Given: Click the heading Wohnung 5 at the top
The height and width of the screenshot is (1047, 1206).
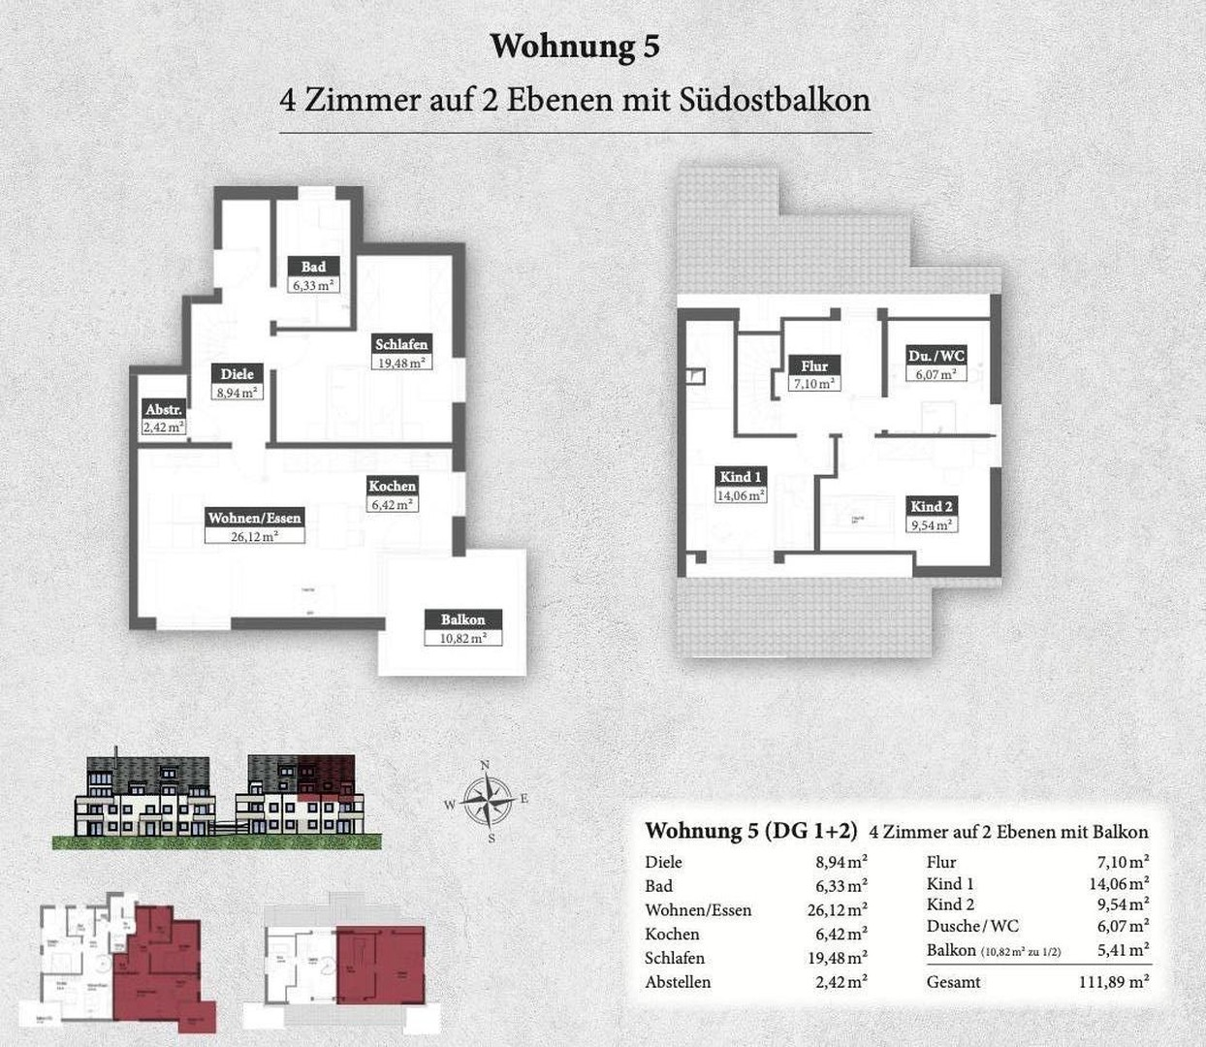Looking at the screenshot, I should point(575,47).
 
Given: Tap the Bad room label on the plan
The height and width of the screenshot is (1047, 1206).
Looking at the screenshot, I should point(313,267).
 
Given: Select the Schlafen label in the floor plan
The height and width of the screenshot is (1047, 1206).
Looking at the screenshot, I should point(401,344).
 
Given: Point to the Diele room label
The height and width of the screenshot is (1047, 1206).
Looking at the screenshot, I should point(237,374).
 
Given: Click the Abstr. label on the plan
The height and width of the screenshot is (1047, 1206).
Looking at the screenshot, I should point(163,409).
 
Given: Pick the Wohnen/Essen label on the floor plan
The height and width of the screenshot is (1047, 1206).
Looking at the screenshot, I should point(254,518).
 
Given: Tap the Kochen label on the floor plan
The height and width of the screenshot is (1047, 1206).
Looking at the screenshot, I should point(392,486).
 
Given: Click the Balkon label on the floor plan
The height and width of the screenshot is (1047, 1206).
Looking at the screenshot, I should point(462,619).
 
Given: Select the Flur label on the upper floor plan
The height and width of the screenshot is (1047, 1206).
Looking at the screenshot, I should point(814,365).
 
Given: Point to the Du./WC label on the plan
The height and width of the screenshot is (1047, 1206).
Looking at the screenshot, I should point(936,355).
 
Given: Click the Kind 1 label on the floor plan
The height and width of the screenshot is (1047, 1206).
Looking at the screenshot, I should point(741,476).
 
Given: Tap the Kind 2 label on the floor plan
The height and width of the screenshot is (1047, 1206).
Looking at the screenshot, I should point(931,506).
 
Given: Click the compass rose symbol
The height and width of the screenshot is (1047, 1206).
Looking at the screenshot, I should point(488,801).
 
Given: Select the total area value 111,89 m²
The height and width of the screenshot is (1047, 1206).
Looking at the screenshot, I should point(1114,982).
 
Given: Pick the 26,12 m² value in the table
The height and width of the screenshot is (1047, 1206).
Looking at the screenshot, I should point(841,910).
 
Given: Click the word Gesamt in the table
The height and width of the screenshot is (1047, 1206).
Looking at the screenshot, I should point(953,982).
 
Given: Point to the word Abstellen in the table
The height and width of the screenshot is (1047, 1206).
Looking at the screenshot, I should point(678,982).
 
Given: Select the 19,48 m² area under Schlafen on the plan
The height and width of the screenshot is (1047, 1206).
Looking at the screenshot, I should point(401,363).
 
